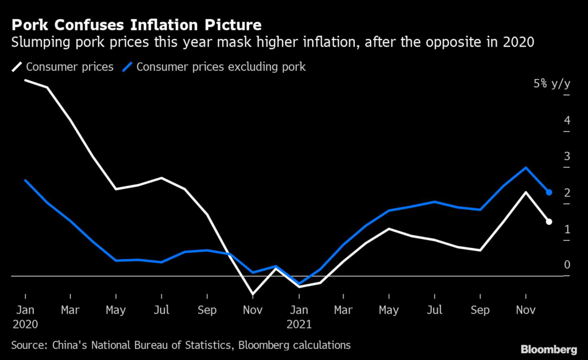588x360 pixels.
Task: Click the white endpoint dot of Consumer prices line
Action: pyautogui.click(x=548, y=222)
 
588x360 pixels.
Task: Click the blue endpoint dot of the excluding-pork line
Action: pyautogui.click(x=548, y=192)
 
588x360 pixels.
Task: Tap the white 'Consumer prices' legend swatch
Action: pyautogui.click(x=17, y=67)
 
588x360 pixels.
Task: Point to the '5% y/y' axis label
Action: pyautogui.click(x=552, y=83)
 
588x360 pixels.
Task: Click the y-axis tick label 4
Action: pyautogui.click(x=567, y=121)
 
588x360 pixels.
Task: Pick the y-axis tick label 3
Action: pyautogui.click(x=567, y=156)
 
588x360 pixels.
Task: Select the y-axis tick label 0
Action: pyautogui.click(x=567, y=265)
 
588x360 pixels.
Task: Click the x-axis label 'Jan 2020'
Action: pyautogui.click(x=25, y=317)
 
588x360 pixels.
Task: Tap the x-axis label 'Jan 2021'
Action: pyautogui.click(x=299, y=317)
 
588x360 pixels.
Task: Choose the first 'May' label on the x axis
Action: pyautogui.click(x=115, y=311)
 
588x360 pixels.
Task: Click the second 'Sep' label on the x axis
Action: pyautogui.click(x=480, y=311)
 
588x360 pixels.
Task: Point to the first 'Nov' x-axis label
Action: pyautogui.click(x=253, y=310)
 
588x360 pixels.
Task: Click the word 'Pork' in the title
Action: pyautogui.click(x=30, y=25)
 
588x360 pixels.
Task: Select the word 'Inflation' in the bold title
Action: pyautogui.click(x=164, y=25)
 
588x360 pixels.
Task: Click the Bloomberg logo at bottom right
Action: pyautogui.click(x=548, y=350)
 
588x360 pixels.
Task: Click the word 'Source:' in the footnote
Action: pyautogui.click(x=29, y=345)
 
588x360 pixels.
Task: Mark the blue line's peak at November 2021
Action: pyautogui.click(x=526, y=168)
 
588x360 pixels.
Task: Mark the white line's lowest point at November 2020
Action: pyautogui.click(x=253, y=295)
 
